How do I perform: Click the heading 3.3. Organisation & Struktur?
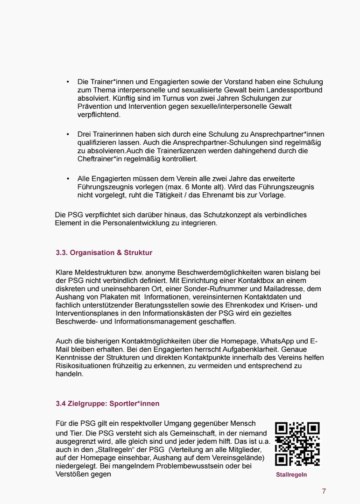104,252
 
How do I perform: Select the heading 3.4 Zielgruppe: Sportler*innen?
107,403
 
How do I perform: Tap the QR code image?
297,444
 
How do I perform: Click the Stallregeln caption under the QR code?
291,475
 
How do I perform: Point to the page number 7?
324,491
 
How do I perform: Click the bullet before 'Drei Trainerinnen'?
68,134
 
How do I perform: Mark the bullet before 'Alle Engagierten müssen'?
68,179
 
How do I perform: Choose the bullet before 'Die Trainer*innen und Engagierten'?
68,82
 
